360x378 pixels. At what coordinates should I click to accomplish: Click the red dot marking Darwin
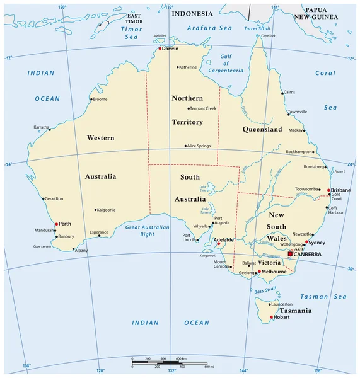click(x=160, y=49)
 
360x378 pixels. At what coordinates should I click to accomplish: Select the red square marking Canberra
click(x=290, y=254)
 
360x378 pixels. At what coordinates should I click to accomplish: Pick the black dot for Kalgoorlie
click(x=95, y=210)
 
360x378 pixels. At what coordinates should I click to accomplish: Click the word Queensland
click(x=262, y=129)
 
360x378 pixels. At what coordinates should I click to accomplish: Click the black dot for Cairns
click(x=282, y=93)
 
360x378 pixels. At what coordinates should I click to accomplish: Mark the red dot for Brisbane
click(x=328, y=190)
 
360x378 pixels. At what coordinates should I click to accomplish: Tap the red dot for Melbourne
click(x=258, y=272)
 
